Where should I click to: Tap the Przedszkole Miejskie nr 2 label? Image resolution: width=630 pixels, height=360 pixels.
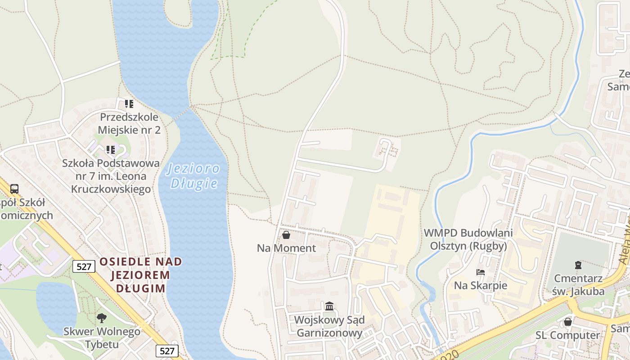click(129, 124)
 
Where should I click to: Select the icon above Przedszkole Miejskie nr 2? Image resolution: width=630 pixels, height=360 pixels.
click(129, 104)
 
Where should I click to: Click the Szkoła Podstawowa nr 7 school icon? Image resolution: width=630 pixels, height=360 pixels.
click(110, 149)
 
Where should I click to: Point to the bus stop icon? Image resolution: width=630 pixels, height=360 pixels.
click(14, 189)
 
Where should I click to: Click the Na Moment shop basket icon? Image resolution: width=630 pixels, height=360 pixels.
click(286, 235)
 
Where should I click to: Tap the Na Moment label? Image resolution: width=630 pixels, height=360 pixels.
click(286, 248)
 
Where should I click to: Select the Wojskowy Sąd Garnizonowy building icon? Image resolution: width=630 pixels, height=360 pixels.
click(329, 306)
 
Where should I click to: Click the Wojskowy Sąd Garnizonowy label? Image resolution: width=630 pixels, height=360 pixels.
click(329, 327)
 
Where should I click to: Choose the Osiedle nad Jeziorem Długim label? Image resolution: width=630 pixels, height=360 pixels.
click(141, 274)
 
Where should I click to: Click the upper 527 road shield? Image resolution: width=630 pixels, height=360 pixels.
click(84, 266)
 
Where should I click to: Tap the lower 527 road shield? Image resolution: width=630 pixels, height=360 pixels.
click(167, 351)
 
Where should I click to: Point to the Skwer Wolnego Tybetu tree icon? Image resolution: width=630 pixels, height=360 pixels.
click(102, 318)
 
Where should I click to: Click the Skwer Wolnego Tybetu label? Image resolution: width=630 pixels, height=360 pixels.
click(102, 338)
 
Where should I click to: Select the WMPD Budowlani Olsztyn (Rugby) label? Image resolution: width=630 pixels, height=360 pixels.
click(468, 239)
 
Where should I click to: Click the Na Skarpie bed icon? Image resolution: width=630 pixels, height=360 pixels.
click(480, 272)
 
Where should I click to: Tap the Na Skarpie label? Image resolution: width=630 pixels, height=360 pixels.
click(480, 285)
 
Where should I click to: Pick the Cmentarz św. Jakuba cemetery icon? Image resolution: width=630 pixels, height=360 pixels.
click(578, 265)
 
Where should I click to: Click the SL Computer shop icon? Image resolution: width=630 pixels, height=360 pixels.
click(568, 322)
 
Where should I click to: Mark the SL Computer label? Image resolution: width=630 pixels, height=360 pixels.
click(567, 335)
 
